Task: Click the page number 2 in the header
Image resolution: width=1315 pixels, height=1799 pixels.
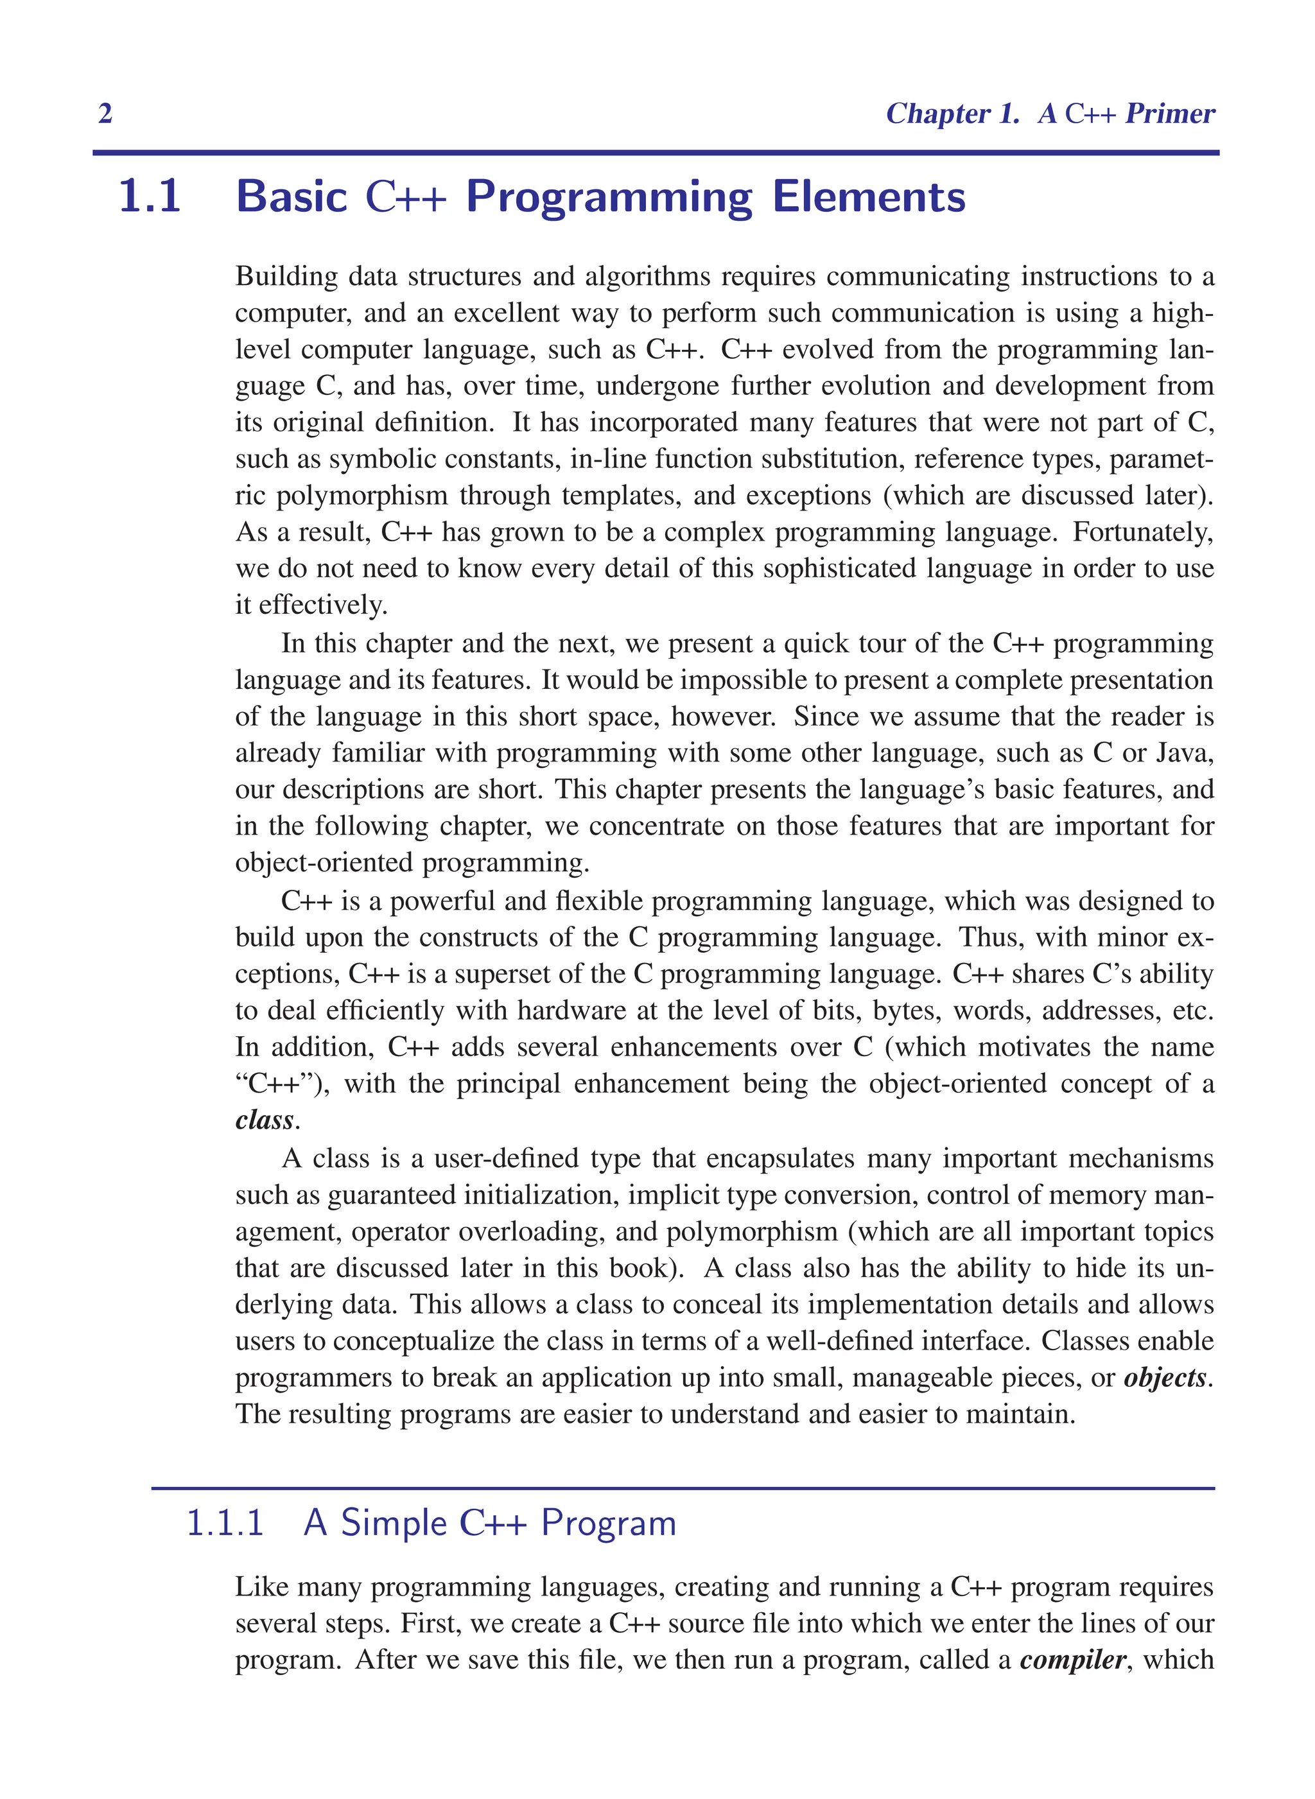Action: point(105,114)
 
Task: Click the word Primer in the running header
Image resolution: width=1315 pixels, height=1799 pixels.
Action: point(1169,114)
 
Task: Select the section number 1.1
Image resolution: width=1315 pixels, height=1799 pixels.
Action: point(150,196)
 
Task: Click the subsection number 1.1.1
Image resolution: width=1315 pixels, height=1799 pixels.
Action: point(225,1523)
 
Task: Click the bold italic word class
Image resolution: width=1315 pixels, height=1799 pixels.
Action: point(265,1120)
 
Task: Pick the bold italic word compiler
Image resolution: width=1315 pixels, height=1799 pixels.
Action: point(1072,1660)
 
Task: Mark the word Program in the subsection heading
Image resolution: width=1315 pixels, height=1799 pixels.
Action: point(609,1523)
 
